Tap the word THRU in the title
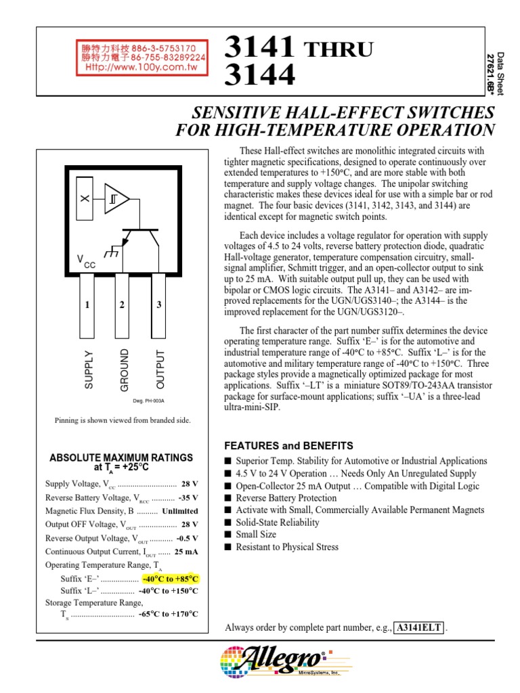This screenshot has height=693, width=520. click(x=337, y=49)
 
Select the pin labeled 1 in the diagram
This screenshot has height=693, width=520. click(x=87, y=305)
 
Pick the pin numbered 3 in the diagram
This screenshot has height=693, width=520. click(x=159, y=305)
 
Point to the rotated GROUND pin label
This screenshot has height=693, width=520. click(x=124, y=370)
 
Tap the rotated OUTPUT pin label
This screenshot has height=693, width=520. click(x=160, y=370)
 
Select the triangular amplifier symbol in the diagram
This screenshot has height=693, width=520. click(x=116, y=198)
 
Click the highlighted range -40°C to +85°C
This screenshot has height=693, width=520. click(x=171, y=579)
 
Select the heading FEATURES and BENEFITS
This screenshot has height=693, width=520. click(x=289, y=446)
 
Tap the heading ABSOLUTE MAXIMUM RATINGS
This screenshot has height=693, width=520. click(x=121, y=457)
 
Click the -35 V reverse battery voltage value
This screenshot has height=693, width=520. click(x=188, y=497)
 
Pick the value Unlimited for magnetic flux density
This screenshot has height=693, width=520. click(x=180, y=511)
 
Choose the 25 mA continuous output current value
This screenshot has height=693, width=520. click(x=186, y=552)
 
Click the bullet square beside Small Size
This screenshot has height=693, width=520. click(x=228, y=535)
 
